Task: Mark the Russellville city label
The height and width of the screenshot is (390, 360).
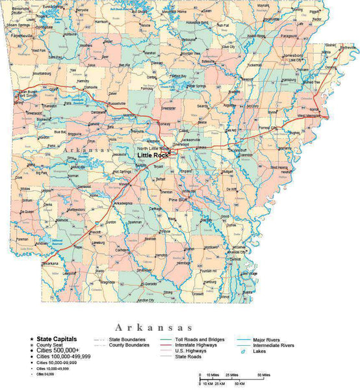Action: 118,103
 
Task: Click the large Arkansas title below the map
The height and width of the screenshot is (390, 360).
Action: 153,327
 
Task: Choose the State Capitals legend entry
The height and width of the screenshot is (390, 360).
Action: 57,339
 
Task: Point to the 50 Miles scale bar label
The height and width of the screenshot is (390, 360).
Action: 263,376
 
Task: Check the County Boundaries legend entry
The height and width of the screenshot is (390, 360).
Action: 126,345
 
